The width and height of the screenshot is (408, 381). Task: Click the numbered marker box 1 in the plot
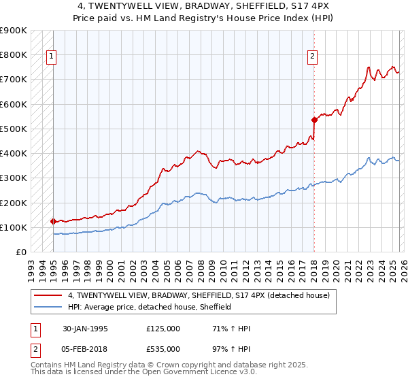coord(52,57)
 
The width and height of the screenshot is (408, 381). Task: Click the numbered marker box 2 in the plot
coord(312,57)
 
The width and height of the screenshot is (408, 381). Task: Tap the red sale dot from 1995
coord(53,221)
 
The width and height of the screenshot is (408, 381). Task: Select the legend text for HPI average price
coord(150,308)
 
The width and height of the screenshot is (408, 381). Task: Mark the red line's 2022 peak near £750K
coord(368,67)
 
